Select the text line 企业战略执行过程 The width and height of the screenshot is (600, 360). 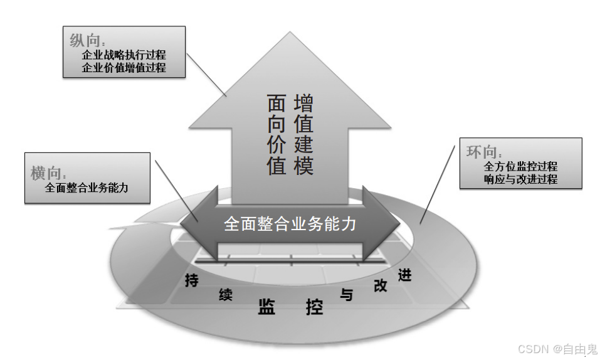pos(124,55)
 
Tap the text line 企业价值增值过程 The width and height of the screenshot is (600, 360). pos(124,68)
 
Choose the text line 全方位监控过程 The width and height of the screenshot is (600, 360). pos(520,167)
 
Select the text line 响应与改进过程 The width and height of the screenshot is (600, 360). pos(520,179)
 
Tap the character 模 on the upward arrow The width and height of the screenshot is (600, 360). pos(303,166)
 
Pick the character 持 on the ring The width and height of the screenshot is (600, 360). pos(192,281)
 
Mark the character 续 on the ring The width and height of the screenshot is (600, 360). pos(226,295)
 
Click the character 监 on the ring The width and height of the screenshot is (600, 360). pos(267,307)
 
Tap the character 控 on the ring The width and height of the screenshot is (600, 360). pos(314,307)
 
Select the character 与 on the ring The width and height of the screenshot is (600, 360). pos(347,294)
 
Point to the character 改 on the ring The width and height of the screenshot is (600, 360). pos(381,285)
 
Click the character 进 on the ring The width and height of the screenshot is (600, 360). pos(404,274)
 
